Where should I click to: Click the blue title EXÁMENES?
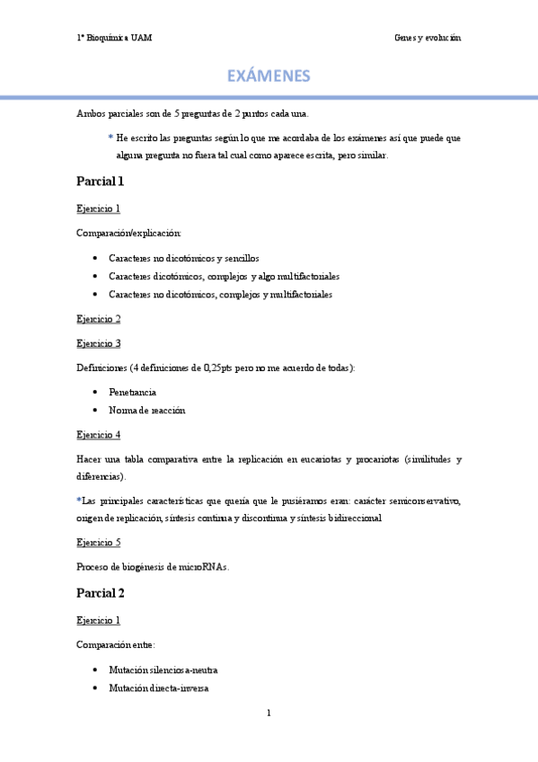click(269, 75)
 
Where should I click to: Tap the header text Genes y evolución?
click(428, 38)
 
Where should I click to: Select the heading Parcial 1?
click(100, 182)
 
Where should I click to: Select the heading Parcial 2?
click(100, 593)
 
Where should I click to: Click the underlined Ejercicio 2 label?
click(99, 319)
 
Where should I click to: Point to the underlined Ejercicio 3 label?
click(99, 343)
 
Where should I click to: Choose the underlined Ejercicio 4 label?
click(99, 435)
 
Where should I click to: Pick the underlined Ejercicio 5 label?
click(99, 543)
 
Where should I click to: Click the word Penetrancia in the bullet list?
click(132, 393)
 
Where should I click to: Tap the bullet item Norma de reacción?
click(146, 410)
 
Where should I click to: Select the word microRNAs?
click(204, 567)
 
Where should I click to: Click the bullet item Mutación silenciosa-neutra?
click(163, 670)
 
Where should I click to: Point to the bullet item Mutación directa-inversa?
click(158, 688)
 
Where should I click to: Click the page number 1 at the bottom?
click(269, 713)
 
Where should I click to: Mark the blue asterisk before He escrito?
click(110, 137)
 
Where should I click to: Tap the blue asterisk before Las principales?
click(79, 500)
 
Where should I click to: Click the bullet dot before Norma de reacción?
click(95, 411)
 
